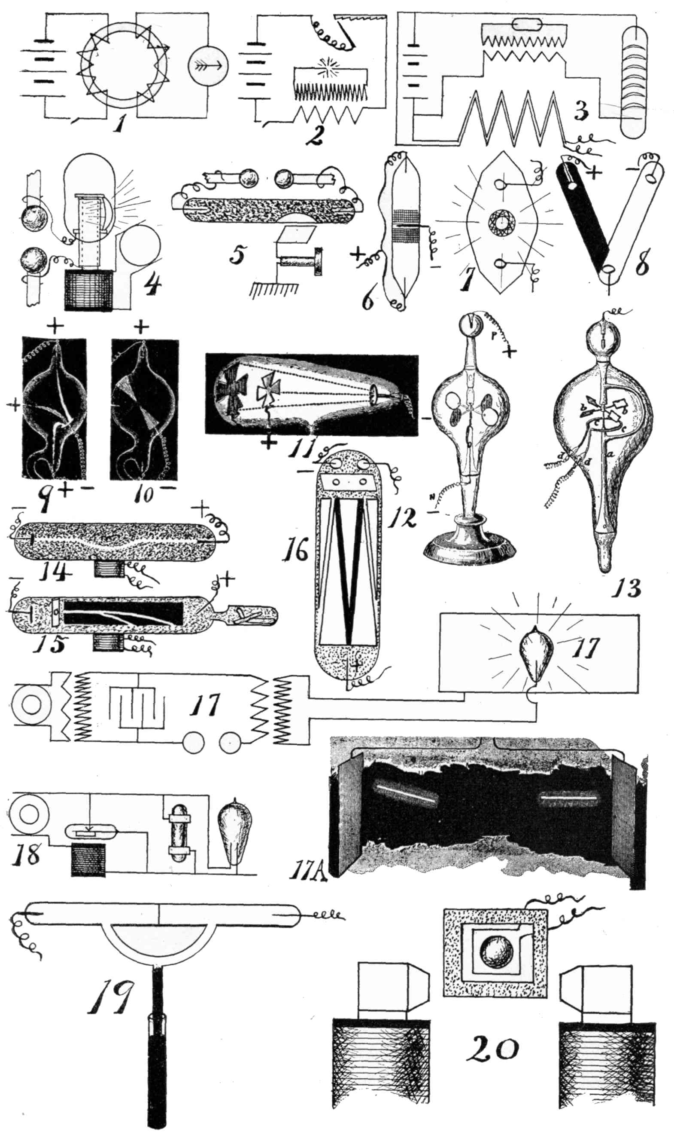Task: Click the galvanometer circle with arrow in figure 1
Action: pos(207,64)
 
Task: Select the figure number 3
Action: pos(582,111)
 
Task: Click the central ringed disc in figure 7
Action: pos(500,223)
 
